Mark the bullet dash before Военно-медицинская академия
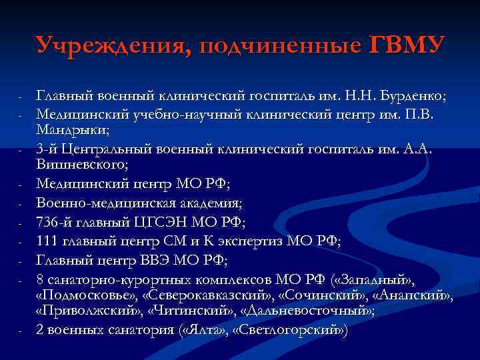click(x=21, y=203)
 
